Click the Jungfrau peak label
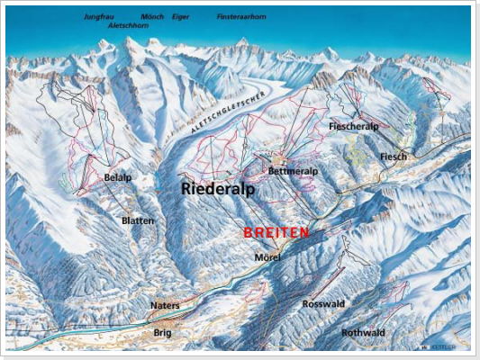click(x=100, y=16)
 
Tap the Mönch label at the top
click(x=153, y=16)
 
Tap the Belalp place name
click(x=117, y=178)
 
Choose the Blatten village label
click(x=138, y=220)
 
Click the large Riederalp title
click(x=217, y=190)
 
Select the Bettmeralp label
click(x=291, y=170)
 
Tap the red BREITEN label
click(x=276, y=232)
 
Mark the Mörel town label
click(x=267, y=257)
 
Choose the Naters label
click(x=165, y=305)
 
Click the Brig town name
click(x=162, y=332)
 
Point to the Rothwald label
click(x=363, y=333)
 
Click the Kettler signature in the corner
click(x=445, y=345)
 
